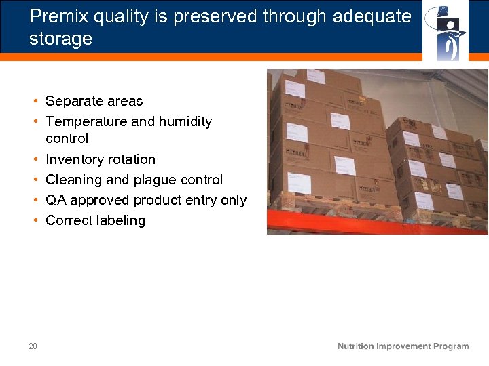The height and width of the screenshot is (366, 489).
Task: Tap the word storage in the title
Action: (x=60, y=39)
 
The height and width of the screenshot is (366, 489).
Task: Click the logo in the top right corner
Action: (x=446, y=30)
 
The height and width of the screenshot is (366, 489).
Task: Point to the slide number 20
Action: (x=33, y=346)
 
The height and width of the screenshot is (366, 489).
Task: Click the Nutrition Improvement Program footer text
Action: (x=403, y=346)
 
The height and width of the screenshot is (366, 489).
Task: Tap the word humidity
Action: (x=185, y=122)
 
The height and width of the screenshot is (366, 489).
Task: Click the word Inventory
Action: (x=71, y=160)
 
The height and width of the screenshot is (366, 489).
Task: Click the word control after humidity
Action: (x=67, y=139)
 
